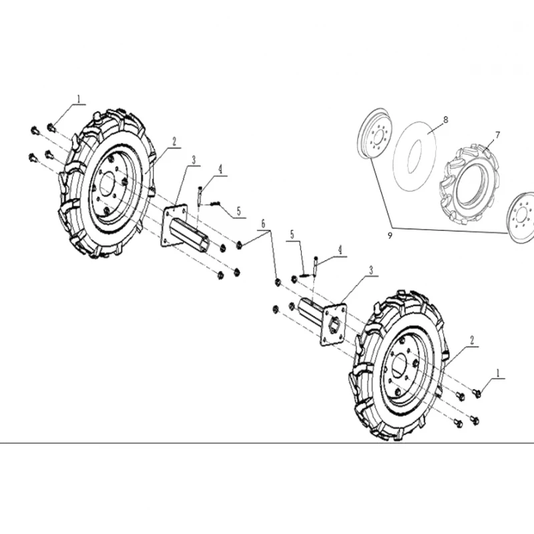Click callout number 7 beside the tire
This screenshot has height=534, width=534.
(497, 136)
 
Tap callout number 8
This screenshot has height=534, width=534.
(445, 120)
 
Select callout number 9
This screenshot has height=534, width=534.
(390, 235)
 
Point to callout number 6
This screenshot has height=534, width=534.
(263, 224)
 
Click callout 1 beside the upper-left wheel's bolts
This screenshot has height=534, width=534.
(79, 99)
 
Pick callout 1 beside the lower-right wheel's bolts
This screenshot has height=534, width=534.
(498, 373)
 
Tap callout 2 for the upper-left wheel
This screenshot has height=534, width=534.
(174, 142)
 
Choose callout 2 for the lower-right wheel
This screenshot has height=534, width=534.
(472, 340)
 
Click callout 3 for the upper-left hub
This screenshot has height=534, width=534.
(194, 160)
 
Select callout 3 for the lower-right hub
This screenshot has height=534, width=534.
(371, 270)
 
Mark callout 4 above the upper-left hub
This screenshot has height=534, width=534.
(220, 170)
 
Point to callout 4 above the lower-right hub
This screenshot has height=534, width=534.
(340, 250)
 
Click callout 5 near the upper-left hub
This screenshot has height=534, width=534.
(239, 211)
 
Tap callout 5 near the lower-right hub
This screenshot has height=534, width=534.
(292, 235)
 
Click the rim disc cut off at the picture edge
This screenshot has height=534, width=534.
(521, 218)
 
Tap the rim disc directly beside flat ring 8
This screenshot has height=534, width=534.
(375, 134)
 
